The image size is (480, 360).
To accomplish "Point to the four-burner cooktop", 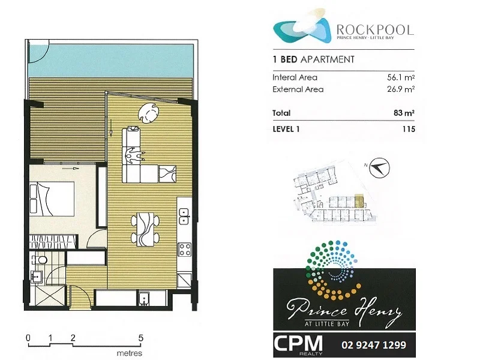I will click(x=185, y=249).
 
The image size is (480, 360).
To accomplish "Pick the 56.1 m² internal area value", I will click(x=400, y=77).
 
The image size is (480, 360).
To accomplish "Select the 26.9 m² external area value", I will click(x=400, y=89).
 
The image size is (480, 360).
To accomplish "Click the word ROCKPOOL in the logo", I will click(x=375, y=29).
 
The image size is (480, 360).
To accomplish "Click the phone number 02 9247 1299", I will click(x=373, y=345).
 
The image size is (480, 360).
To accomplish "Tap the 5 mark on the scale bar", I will click(x=140, y=338).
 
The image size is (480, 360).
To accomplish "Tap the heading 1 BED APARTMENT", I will click(x=313, y=59).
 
